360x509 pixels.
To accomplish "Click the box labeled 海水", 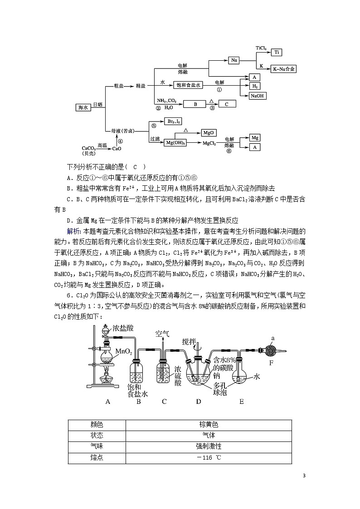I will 83,107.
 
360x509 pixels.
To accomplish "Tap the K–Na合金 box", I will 284,69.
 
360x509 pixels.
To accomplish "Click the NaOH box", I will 258,96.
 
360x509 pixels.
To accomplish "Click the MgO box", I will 209,133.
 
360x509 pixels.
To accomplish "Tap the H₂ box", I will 255,86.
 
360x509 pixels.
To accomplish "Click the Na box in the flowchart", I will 234,60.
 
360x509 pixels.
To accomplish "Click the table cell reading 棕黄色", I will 209,425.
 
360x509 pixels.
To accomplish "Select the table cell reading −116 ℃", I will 209,458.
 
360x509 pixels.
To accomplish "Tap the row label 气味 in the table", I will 97,446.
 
